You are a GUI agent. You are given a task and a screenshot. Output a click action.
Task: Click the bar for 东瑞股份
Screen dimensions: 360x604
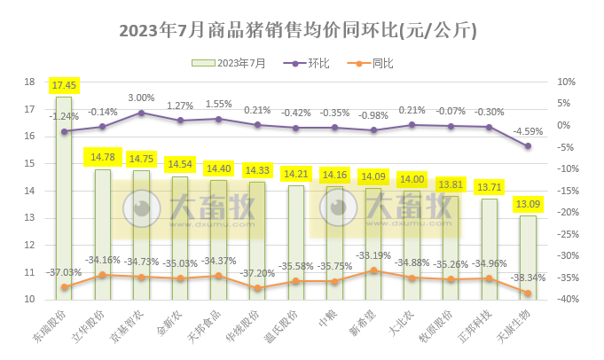(x=64, y=195)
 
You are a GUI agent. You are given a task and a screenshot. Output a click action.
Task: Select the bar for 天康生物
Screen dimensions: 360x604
(x=528, y=257)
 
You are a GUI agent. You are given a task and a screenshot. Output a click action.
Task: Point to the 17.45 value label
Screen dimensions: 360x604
(x=64, y=86)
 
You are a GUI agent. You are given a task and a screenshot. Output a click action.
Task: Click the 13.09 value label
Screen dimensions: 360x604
(x=528, y=204)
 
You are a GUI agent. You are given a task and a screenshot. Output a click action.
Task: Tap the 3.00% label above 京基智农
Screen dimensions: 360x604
(x=142, y=98)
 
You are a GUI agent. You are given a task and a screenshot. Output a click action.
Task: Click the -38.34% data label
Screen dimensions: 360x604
(x=528, y=277)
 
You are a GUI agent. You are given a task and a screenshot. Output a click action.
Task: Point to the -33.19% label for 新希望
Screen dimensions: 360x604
(x=373, y=256)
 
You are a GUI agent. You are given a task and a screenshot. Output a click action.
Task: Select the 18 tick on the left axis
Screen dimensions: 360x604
(x=29, y=82)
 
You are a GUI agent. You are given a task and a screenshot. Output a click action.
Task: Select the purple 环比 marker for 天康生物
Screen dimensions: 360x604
(x=528, y=145)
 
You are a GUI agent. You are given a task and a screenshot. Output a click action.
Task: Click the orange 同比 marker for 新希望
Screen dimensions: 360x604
(x=373, y=270)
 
